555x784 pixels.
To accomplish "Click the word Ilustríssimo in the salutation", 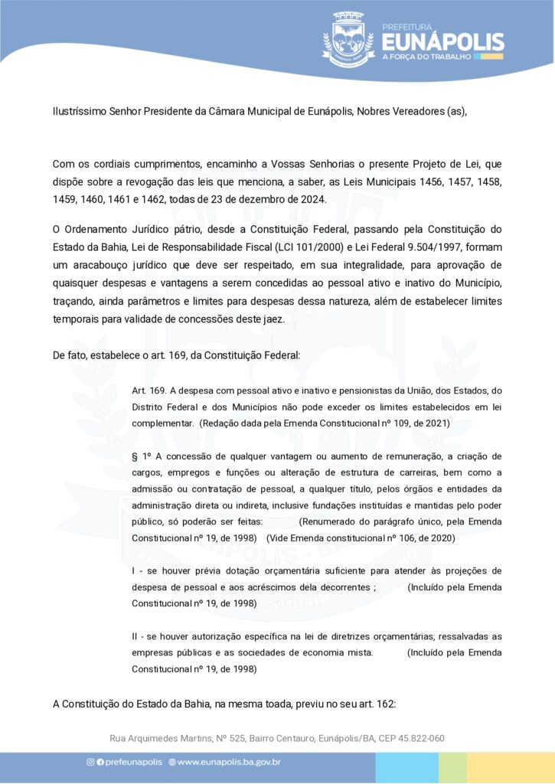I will pyautogui.click(x=80, y=110).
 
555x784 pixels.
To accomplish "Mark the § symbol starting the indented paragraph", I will pyautogui.click(x=135, y=456).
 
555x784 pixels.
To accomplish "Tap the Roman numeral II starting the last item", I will pyautogui.click(x=135, y=636).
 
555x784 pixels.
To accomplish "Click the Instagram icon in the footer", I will pyautogui.click(x=90, y=762).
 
